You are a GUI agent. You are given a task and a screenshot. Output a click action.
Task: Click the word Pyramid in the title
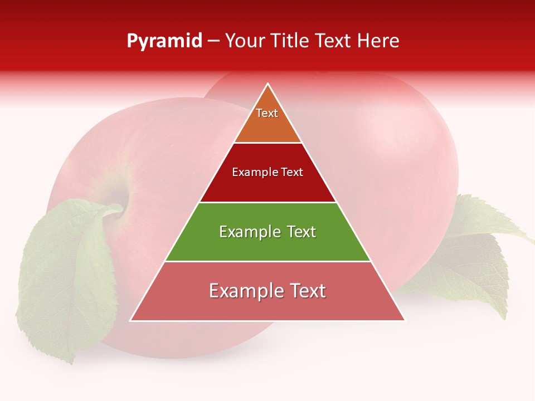click(164, 41)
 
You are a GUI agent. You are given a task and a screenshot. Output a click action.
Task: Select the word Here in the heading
click(378, 41)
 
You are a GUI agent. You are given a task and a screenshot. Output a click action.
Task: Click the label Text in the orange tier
click(267, 113)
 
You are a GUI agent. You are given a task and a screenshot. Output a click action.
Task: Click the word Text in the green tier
click(298, 232)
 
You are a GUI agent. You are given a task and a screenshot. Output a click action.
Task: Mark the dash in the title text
click(213, 41)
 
